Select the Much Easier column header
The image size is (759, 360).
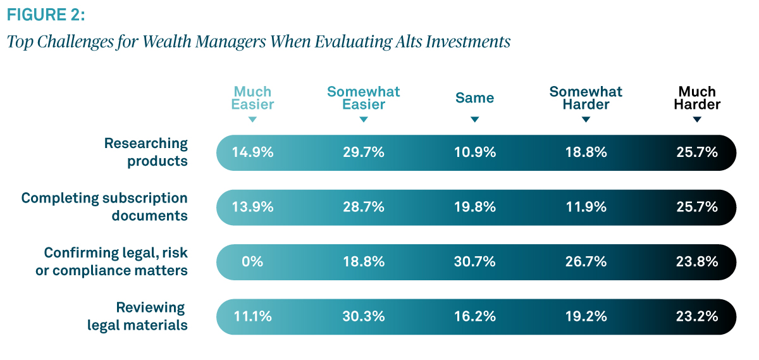(252, 98)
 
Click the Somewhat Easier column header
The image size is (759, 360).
(364, 98)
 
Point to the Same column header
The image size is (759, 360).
(475, 98)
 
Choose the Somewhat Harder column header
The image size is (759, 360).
(586, 98)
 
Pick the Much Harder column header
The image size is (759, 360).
(697, 98)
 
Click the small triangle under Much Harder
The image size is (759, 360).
(697, 120)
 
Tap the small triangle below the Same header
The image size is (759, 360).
(475, 120)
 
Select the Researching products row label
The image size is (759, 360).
(146, 152)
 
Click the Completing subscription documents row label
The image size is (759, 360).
(105, 207)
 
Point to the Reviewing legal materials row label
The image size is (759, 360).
(137, 316)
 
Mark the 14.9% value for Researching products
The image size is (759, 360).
(252, 152)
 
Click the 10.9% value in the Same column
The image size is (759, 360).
(475, 152)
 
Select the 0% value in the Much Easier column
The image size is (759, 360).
(252, 262)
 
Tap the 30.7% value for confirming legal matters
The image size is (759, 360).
(475, 262)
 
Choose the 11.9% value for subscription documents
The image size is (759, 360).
(586, 207)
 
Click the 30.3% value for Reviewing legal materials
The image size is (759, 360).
(364, 316)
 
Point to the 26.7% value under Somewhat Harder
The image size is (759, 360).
(586, 262)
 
